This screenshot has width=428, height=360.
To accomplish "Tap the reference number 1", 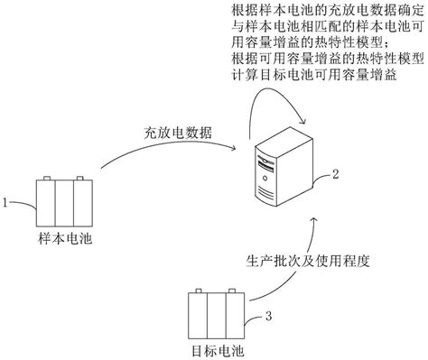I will pyautogui.click(x=7, y=204).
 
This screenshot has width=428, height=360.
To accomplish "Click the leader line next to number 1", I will pyautogui.click(x=24, y=206).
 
